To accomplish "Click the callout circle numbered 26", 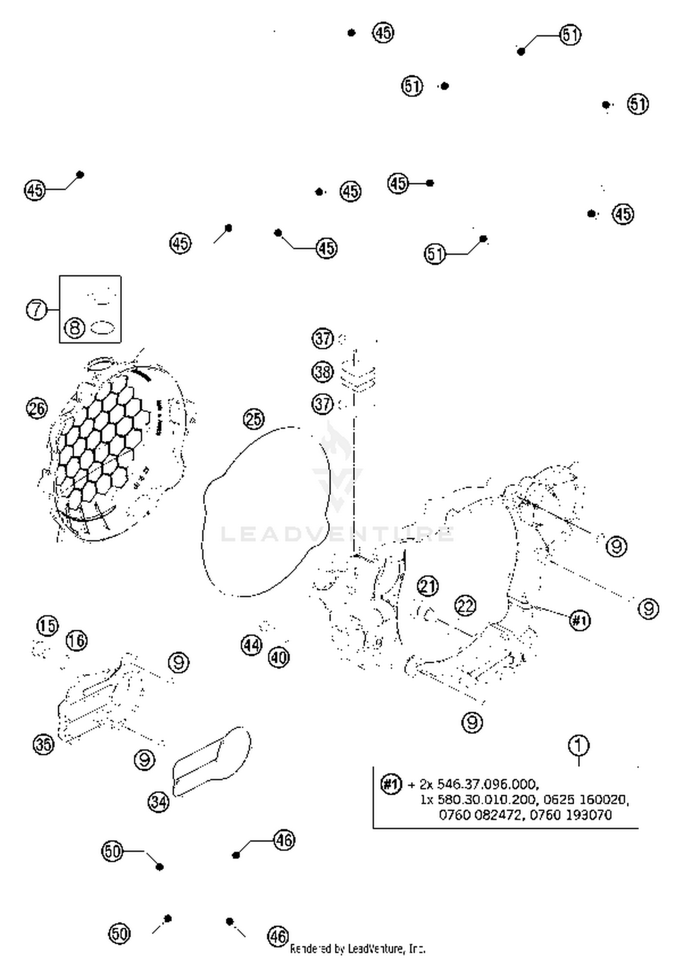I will click(x=37, y=408).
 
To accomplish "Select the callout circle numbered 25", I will click(x=253, y=419).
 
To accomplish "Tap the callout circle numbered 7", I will click(x=36, y=309).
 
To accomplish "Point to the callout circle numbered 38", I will click(x=323, y=372).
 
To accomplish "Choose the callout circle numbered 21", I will click(x=427, y=586).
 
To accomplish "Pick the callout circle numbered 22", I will click(x=465, y=606).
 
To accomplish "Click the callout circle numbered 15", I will click(x=47, y=626).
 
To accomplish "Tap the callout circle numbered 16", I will click(x=77, y=640).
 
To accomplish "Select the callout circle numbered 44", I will click(x=251, y=645).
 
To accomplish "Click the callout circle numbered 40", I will click(x=279, y=658).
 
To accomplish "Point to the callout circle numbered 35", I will click(x=44, y=744).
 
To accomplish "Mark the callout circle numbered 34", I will click(x=158, y=802).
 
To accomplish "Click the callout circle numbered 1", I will click(x=579, y=746).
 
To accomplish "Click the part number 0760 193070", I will click(x=571, y=815).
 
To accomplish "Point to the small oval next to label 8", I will click(x=103, y=327).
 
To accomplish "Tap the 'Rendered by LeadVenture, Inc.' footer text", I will click(x=357, y=949).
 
